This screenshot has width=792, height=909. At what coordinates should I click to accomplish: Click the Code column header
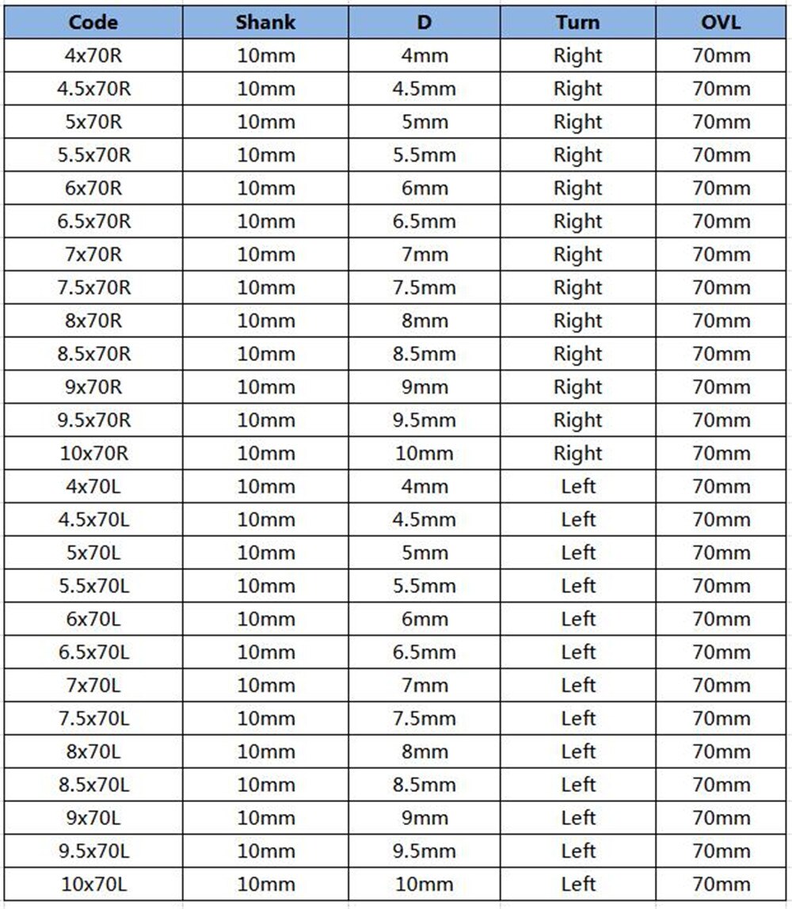coord(93,22)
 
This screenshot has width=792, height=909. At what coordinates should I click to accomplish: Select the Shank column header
coord(265,22)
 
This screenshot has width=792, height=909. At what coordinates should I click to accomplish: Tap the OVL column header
coord(721,22)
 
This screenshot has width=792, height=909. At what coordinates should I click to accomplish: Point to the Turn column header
coord(577,22)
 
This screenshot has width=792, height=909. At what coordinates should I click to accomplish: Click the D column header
coord(425,22)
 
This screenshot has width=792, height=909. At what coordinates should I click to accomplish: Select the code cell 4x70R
coord(93,56)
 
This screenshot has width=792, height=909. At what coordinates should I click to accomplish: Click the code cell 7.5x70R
coord(93,288)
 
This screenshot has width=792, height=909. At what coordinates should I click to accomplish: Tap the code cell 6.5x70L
coord(93,652)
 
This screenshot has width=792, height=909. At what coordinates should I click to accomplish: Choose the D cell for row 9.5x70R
coord(425,420)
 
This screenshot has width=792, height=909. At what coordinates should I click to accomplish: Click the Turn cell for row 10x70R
coord(577,454)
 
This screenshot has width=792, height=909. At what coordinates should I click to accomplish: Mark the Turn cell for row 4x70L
coord(577,487)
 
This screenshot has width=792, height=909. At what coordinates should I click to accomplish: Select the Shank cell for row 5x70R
coord(265,123)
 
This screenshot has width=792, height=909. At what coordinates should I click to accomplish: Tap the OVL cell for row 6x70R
coord(721,188)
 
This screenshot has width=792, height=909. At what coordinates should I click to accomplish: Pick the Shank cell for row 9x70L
coord(265,818)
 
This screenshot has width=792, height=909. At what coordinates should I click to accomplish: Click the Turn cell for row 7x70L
coord(577,686)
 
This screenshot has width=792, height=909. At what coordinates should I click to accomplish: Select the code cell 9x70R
coord(93,387)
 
